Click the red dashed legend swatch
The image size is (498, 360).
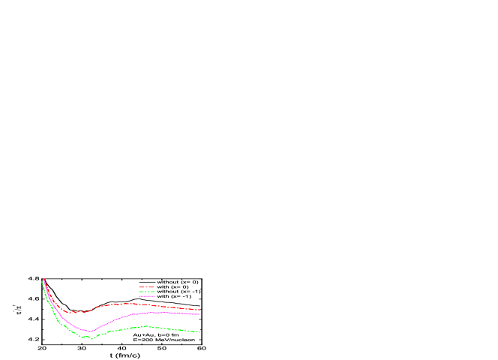coord(146,286)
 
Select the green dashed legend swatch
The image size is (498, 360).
coord(146,291)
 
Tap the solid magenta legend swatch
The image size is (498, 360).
coord(146,295)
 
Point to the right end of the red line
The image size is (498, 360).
coord(199,309)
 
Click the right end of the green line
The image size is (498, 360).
coord(199,331)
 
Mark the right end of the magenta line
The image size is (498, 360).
coord(199,314)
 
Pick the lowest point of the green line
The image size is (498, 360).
coord(91,338)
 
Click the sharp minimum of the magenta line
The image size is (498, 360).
coord(90,331)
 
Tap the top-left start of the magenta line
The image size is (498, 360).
coord(44,279)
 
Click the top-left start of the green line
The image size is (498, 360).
coord(42,281)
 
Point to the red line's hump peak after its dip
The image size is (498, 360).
coord(126,303)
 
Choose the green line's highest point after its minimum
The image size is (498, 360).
coord(145,326)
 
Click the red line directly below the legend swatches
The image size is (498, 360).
coord(146,304)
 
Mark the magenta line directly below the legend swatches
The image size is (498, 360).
coord(146,313)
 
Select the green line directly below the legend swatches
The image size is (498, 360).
coord(146,326)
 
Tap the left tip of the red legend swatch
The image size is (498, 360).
coord(139,286)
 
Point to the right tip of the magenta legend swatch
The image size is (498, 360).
coord(155,295)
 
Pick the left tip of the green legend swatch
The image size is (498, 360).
coord(139,291)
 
